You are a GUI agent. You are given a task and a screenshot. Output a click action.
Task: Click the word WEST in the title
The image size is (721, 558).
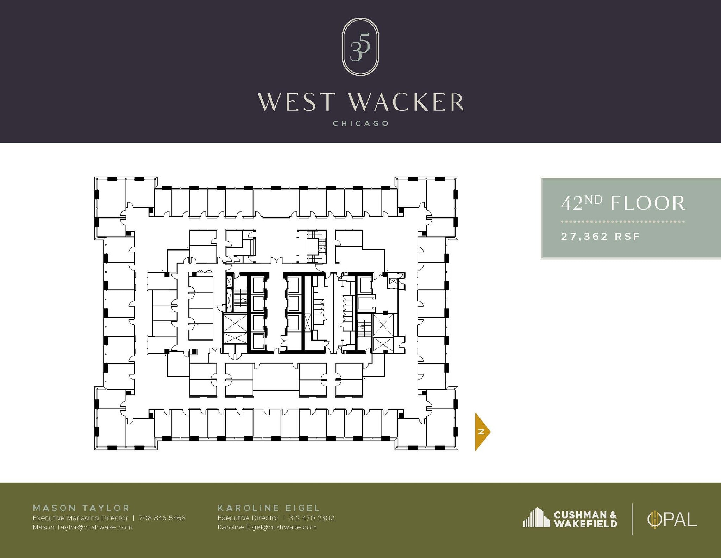[296, 102]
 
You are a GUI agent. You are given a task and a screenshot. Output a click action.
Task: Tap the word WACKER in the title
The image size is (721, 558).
[406, 102]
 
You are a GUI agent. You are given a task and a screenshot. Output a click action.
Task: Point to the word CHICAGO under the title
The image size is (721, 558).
[361, 124]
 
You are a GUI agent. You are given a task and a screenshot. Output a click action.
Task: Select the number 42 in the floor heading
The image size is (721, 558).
[571, 204]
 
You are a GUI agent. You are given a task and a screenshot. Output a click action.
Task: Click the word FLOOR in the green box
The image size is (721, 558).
[648, 204]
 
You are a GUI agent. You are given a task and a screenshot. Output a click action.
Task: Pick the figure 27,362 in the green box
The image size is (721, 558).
[584, 236]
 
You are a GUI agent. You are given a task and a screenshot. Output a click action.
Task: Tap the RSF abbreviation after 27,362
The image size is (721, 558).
[627, 236]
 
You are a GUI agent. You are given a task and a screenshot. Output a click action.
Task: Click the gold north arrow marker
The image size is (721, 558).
[482, 432]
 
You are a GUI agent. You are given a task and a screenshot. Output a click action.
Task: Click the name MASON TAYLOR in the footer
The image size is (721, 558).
[81, 508]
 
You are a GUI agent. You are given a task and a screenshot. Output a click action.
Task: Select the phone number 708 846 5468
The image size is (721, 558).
[162, 518]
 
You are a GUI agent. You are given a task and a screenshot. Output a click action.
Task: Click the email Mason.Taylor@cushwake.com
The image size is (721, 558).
[82, 527]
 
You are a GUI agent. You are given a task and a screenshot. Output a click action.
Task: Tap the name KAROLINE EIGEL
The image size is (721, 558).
[269, 508]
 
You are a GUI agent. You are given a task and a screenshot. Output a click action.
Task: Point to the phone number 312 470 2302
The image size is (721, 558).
[312, 518]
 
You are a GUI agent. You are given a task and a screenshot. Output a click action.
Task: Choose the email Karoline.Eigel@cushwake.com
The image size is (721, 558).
[267, 527]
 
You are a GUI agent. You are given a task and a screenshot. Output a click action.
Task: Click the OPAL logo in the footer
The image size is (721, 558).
[672, 520]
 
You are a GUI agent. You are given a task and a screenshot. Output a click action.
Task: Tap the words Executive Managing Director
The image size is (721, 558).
[80, 518]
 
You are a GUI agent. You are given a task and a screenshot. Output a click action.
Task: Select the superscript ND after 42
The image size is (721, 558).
[594, 200]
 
